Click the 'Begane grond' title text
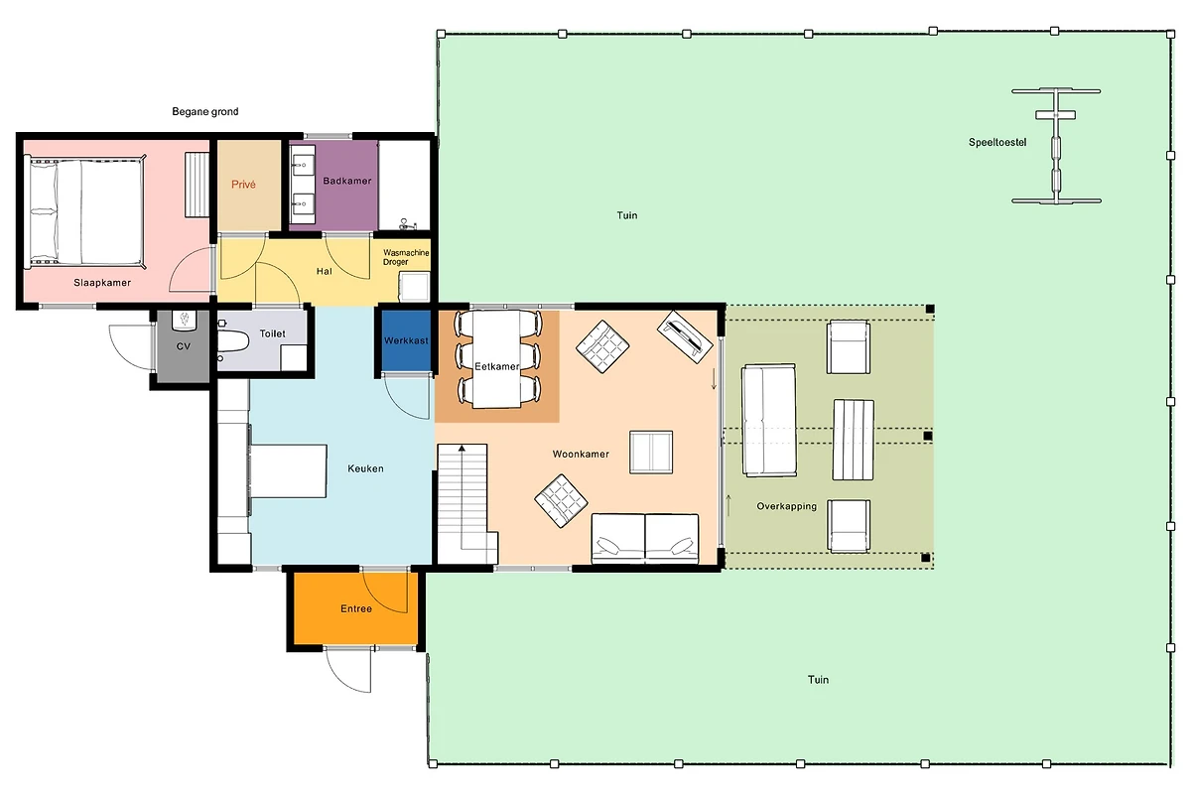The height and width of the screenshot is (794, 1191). (205, 112)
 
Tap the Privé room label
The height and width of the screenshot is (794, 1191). (243, 185)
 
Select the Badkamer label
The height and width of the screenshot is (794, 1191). (347, 181)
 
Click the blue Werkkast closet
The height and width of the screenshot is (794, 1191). (406, 340)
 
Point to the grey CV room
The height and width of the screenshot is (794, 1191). (183, 346)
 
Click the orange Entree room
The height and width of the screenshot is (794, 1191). (355, 608)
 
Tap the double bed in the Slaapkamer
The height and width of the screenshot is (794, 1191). (86, 212)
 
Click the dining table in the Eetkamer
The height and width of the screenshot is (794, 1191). (497, 359)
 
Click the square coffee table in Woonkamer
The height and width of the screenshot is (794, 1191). (651, 452)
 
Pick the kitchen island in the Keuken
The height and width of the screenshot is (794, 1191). (288, 471)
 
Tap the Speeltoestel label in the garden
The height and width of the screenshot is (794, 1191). (997, 143)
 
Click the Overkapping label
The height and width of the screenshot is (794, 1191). (786, 506)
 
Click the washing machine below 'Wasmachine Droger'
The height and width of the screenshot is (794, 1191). (414, 286)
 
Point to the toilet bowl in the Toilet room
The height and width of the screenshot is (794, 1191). (233, 340)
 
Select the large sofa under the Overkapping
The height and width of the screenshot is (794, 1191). (769, 420)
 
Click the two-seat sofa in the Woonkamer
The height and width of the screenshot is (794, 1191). (645, 538)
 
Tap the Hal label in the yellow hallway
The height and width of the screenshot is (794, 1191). (325, 271)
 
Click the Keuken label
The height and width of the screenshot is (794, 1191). (365, 468)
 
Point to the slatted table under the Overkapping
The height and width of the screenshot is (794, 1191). (854, 440)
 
